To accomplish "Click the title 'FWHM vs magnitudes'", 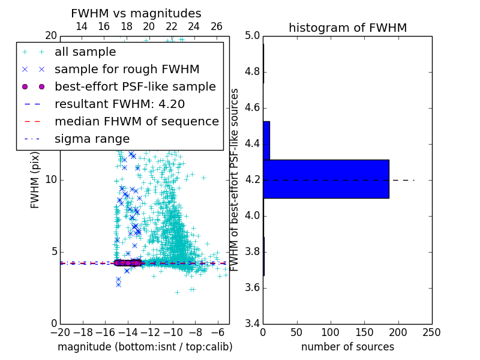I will (x=136, y=13).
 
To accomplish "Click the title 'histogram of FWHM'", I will (x=347, y=28).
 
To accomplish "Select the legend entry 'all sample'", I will (x=85, y=52).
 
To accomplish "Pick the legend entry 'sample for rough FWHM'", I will (x=127, y=69).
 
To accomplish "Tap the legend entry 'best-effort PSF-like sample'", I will (x=135, y=86).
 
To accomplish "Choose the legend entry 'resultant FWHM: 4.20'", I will (x=119, y=104).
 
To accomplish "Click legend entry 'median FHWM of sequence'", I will (x=136, y=121).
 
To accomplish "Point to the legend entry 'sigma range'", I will (x=92, y=139).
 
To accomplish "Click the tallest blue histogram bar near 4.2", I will (x=326, y=179).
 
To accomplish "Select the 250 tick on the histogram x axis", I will (x=431, y=332).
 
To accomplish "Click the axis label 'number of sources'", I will (x=347, y=347).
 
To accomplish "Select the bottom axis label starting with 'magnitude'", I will (x=145, y=347).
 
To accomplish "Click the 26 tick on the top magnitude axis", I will (x=217, y=26).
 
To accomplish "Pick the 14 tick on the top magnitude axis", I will (x=82, y=26).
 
